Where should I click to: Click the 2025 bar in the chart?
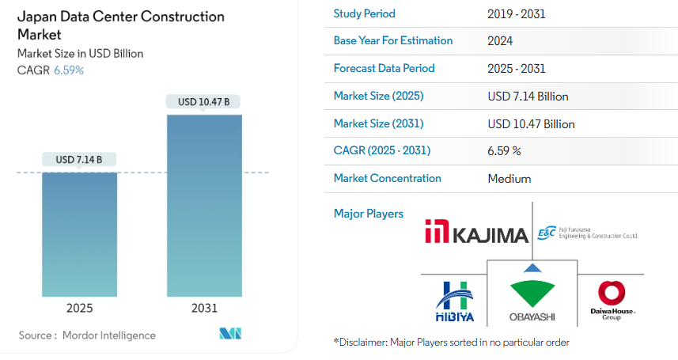[x=79, y=234]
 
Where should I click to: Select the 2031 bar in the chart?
[x=204, y=206]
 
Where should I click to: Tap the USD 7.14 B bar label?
[x=79, y=160]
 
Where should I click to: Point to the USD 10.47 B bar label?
[x=204, y=102]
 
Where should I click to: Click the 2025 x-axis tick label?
[x=79, y=308]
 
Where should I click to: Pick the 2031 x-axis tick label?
[x=204, y=308]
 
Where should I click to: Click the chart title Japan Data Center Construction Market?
[x=120, y=25]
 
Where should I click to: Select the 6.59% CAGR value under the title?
[x=69, y=70]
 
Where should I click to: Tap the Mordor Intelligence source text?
[x=88, y=335]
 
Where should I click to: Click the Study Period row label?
[x=364, y=13]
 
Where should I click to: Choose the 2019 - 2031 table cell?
[x=517, y=13]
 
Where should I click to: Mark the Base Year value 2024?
[x=500, y=41]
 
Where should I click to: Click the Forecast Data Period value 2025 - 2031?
[x=517, y=69]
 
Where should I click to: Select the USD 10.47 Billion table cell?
[x=532, y=124]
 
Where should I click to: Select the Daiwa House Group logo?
[x=612, y=301]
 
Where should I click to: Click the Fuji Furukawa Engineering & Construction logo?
[x=586, y=233]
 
